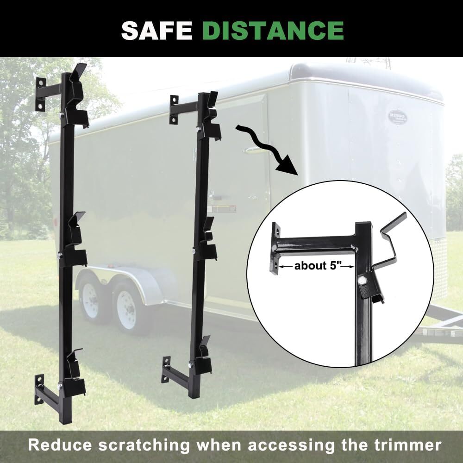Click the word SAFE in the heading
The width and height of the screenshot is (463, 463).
[x=157, y=30]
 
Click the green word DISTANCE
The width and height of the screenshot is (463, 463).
[x=273, y=30]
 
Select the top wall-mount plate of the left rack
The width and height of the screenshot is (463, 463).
[x=40, y=94]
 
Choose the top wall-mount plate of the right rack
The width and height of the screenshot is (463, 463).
[x=174, y=110]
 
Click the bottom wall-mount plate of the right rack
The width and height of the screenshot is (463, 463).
[x=166, y=369]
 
